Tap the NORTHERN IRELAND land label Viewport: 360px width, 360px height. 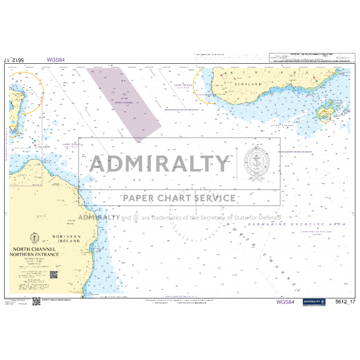pyautogui.click(x=66, y=239)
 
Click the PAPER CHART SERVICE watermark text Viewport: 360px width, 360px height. pyautogui.click(x=179, y=198)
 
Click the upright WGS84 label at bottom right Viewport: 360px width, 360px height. pyautogui.click(x=285, y=302)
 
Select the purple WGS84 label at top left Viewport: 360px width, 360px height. pyautogui.click(x=56, y=60)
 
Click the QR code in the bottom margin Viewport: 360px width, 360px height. pyautogui.click(x=36, y=301)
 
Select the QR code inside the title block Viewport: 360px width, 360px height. pyautogui.click(x=53, y=275)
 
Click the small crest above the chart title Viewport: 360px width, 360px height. pyautogui.click(x=35, y=238)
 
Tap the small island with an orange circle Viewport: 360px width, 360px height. pyautogui.click(x=325, y=115)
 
